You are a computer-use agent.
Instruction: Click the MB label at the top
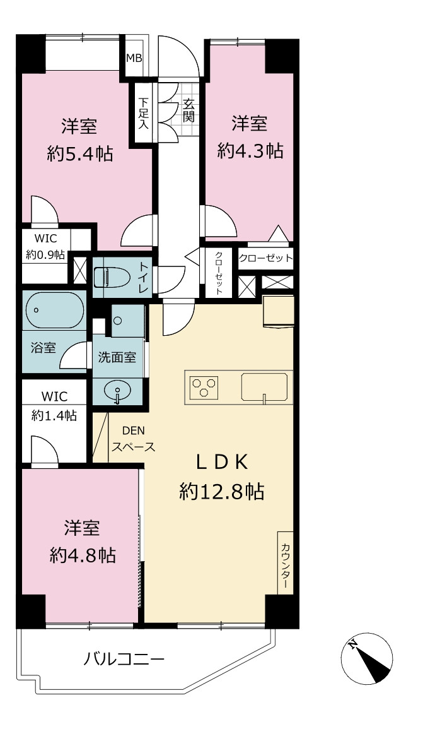135,59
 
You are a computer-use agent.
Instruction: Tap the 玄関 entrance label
188,110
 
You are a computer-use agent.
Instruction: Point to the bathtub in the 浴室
55,311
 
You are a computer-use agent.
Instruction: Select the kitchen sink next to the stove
264,387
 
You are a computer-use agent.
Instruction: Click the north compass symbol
367,658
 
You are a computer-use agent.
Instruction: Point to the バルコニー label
124,660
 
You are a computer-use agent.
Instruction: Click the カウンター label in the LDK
285,562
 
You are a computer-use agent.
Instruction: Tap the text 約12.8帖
222,492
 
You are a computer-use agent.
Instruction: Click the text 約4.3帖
250,150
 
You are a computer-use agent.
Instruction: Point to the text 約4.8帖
83,555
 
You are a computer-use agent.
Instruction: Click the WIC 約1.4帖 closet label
54,406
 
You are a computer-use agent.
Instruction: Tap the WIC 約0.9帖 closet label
45,246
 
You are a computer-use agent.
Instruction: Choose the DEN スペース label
133,439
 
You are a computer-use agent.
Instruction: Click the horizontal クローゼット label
265,258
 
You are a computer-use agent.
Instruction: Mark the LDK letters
221,462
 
